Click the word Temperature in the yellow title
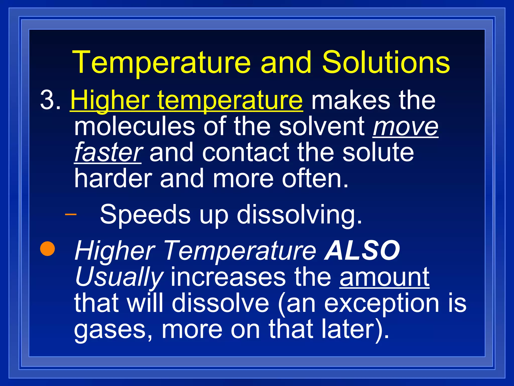pyautogui.click(x=161, y=63)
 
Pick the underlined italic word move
pyautogui.click(x=406, y=127)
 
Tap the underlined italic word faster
pyautogui.click(x=108, y=152)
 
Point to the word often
pyautogui.click(x=315, y=178)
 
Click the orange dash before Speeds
pyautogui.click(x=71, y=214)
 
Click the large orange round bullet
pyautogui.click(x=47, y=248)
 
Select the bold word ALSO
pyautogui.click(x=362, y=250)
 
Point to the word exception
pyautogui.click(x=381, y=304)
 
